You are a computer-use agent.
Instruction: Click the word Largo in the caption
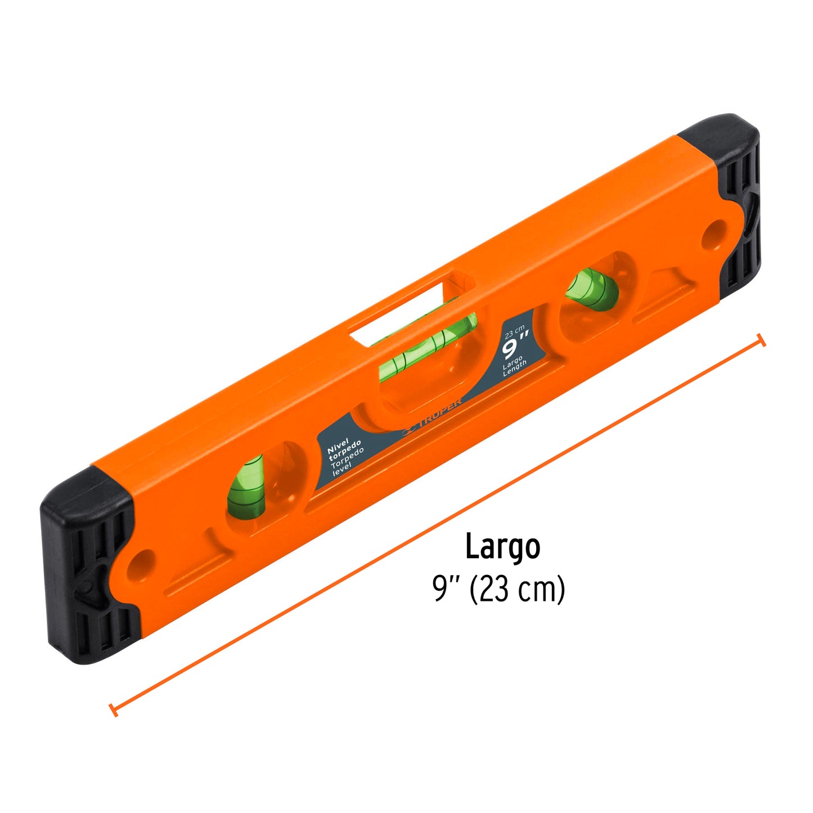pyautogui.click(x=502, y=546)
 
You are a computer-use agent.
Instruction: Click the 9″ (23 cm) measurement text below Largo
pyautogui.click(x=498, y=590)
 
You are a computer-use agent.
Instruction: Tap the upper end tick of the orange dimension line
pyautogui.click(x=761, y=340)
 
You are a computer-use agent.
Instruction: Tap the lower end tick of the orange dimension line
pyautogui.click(x=113, y=709)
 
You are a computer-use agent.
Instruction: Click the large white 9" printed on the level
pyautogui.click(x=515, y=345)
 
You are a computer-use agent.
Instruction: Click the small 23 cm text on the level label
pyautogui.click(x=514, y=333)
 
